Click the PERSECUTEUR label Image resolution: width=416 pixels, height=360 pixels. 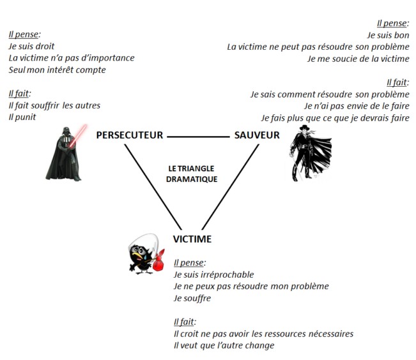[130, 135]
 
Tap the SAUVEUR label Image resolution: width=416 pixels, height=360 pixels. [257, 135]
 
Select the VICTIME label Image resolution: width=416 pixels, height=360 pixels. [192, 239]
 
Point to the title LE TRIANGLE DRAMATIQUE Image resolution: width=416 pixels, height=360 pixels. [192, 174]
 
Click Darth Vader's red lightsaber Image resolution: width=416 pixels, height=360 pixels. [78, 135]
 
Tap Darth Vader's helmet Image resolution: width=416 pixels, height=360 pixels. [66, 131]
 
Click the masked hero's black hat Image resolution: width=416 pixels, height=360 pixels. [305, 127]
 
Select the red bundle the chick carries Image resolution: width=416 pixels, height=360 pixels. [158, 262]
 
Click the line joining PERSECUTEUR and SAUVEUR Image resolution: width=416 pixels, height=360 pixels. [199, 137]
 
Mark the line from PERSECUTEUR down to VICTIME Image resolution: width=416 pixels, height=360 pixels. [153, 187]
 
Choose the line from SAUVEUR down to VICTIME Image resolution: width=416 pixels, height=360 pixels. [231, 187]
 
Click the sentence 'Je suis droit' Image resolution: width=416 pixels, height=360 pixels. [31, 47]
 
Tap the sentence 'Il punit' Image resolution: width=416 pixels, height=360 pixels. [22, 117]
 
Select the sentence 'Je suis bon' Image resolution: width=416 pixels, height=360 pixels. [388, 35]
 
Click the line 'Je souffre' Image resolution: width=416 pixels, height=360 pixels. [192, 298]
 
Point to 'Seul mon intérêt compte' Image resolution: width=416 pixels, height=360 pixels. [58, 70]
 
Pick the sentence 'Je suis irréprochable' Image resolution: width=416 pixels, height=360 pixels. [214, 274]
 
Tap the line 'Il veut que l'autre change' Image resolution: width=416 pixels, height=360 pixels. [224, 345]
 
